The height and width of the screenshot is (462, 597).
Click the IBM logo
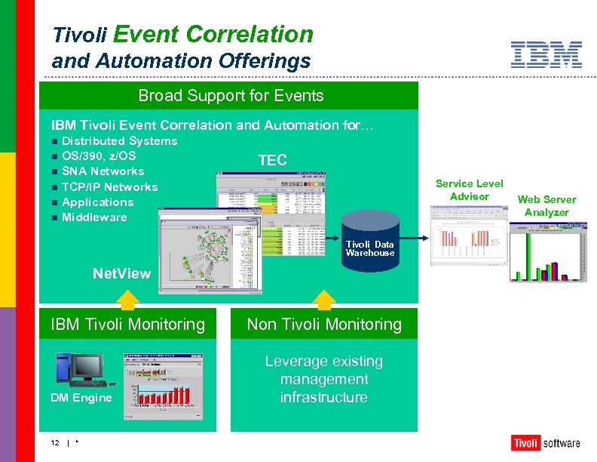pos(546,55)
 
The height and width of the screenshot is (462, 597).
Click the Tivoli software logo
pos(545,442)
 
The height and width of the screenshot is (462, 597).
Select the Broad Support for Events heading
pos(231,96)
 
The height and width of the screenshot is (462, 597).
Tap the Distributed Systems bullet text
pos(119,141)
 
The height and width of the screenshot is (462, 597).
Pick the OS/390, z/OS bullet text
pos(99,156)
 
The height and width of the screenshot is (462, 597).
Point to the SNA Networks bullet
pos(103,171)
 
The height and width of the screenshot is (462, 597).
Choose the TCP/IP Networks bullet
pos(109,187)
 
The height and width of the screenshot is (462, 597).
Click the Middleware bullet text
pos(94,217)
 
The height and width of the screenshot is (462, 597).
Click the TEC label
pos(272,160)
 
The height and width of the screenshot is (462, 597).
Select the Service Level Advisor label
pos(469,190)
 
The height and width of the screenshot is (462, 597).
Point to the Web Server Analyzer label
pos(546,206)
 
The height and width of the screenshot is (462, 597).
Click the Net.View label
pos(121,273)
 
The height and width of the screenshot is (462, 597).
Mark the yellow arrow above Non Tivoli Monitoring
pos(323,298)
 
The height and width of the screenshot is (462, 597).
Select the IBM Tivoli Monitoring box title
pos(127,325)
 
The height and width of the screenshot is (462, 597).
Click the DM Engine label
pos(81,398)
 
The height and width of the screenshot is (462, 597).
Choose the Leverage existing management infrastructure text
pos(323,380)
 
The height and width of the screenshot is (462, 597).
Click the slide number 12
pos(55,443)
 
